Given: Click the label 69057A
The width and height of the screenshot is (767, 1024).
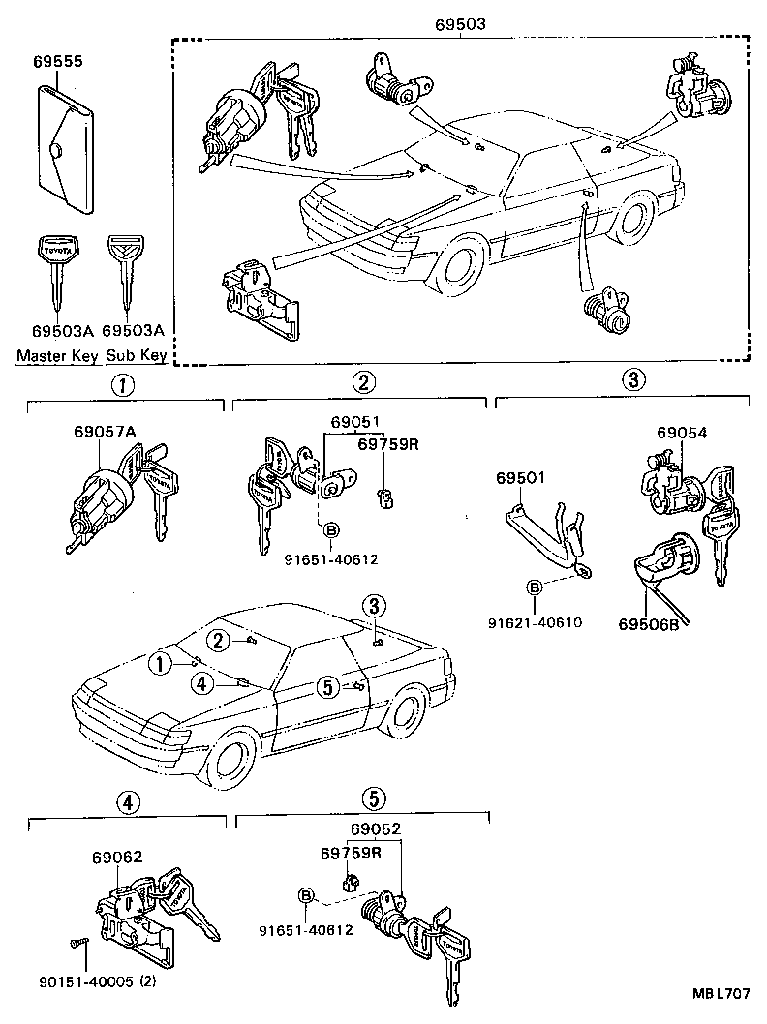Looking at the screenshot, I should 104,434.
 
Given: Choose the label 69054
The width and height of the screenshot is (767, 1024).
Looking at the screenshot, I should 682,434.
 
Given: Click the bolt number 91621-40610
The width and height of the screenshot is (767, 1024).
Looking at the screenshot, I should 535,622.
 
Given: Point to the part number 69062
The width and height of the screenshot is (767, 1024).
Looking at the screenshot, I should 117,857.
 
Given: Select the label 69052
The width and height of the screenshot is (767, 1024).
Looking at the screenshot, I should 376,829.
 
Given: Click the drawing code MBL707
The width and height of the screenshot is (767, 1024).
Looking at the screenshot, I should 721,995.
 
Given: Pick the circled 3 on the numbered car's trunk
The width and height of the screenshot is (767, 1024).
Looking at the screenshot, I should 376,606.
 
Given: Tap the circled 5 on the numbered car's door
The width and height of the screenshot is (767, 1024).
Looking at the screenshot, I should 328,687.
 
